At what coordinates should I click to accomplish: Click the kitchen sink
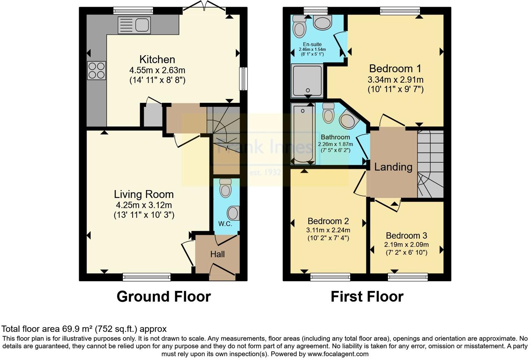134,25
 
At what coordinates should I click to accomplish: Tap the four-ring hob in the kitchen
96,70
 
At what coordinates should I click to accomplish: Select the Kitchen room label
157,59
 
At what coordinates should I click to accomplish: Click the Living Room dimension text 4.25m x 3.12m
144,205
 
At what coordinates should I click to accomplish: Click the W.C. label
225,224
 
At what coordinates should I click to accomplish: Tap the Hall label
217,254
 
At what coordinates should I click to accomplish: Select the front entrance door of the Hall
222,272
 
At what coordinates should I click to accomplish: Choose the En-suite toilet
299,27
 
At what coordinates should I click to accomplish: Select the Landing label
393,167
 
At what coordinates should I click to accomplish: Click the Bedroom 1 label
395,68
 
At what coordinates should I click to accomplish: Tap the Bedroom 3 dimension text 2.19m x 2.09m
406,245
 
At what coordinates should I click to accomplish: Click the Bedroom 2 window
330,277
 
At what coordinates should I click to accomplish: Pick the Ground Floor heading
164,297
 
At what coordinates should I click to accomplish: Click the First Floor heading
367,297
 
